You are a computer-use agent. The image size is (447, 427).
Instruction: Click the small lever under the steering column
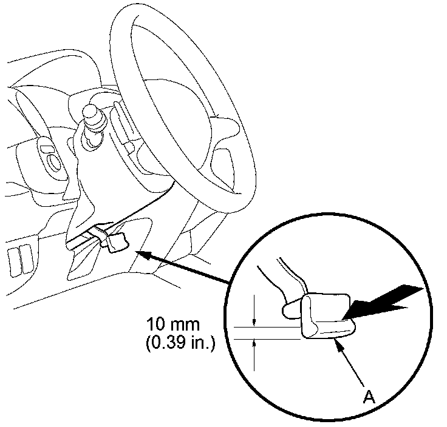tap(117, 241)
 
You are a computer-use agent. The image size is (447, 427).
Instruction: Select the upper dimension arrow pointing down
tap(254, 321)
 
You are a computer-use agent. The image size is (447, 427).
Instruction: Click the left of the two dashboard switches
tap(13, 258)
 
